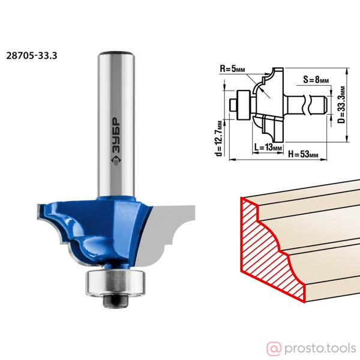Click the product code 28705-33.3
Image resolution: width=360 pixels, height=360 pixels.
point(32,56)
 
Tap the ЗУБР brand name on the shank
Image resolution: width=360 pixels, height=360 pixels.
point(116,135)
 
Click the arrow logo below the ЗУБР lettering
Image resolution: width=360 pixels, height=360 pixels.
point(116,160)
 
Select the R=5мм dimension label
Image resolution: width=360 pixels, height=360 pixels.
point(232,68)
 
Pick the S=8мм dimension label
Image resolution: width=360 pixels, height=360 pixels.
point(316,79)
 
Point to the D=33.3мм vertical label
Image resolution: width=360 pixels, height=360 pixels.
point(342,104)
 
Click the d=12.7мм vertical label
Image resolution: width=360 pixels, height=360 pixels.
point(219,138)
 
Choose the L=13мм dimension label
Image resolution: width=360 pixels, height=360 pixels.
point(268,147)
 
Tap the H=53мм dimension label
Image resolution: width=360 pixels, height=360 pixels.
point(303,154)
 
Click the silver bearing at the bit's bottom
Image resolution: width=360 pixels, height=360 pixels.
point(115,282)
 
